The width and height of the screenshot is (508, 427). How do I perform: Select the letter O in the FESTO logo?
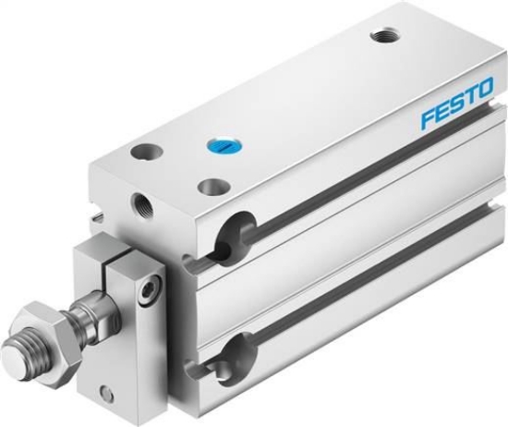484,87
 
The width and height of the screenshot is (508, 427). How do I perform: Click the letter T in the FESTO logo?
470,94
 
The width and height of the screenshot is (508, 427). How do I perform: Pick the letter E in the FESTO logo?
442,111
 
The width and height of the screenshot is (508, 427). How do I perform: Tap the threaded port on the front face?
142,205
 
